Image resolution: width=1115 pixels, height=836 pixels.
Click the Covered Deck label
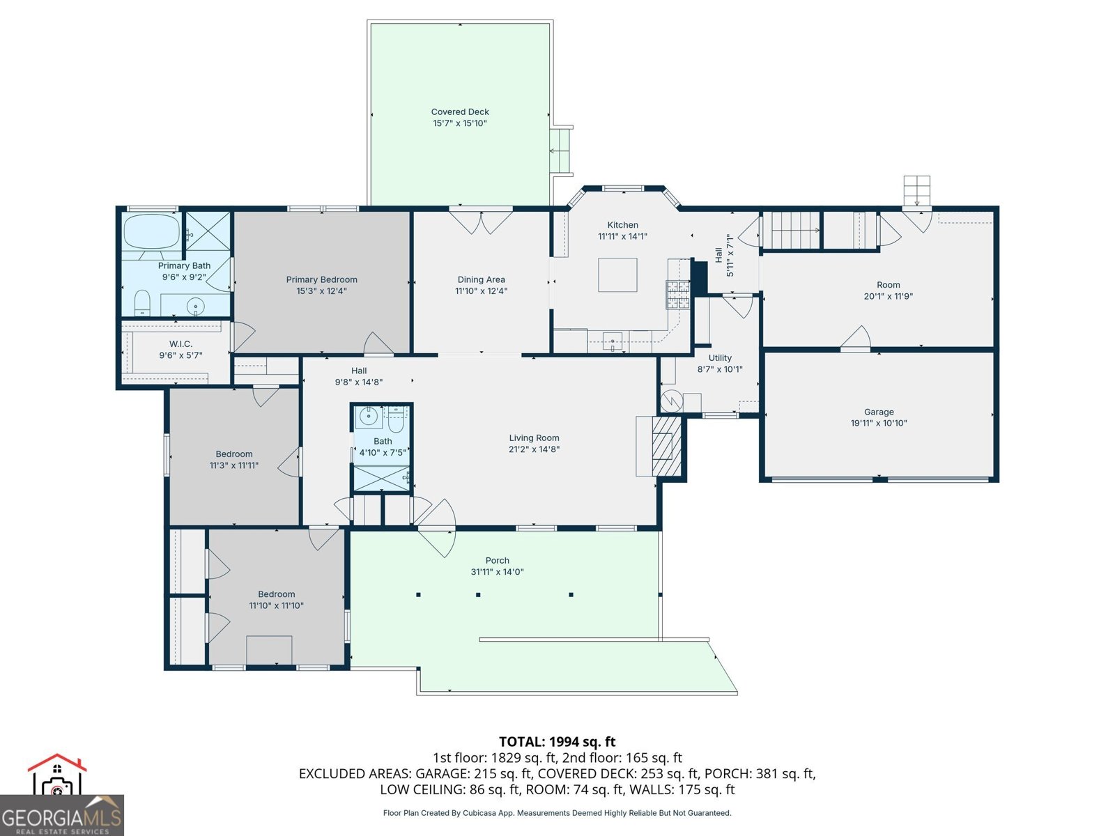pos(460,111)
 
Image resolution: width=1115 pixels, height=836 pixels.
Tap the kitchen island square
pos(617,274)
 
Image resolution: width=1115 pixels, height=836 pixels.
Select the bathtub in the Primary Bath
pos(152,231)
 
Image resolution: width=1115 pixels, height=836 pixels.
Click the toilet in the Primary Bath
pos(142,302)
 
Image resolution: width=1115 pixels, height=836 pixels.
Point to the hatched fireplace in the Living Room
pos(666,446)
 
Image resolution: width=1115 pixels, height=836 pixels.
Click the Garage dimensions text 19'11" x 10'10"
pos(879,423)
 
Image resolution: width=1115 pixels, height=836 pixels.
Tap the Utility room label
pos(720,358)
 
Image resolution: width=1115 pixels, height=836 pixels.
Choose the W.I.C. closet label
pos(180,344)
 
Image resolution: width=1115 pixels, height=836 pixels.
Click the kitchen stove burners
pos(678,295)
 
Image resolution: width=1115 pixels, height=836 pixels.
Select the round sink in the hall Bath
pos(368,417)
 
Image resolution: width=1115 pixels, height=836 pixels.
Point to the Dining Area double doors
pos(481,222)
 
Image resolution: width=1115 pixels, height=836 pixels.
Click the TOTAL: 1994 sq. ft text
pos(557,742)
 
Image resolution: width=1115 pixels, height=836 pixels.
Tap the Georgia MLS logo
pos(61,796)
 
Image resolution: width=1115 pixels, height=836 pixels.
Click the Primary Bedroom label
pos(321,279)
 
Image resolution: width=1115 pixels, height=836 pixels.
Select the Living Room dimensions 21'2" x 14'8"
pos(534,449)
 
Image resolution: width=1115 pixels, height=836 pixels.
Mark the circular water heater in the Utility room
pos(672,401)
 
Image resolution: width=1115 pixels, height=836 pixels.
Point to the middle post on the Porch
pos(478,595)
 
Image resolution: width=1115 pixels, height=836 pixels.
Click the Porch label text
pos(498,560)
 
